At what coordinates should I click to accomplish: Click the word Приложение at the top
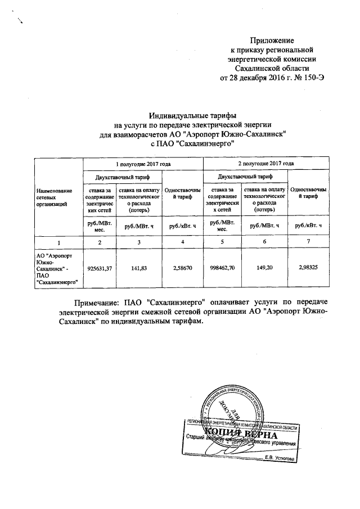(x=272, y=40)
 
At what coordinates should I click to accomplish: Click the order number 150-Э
(x=312, y=78)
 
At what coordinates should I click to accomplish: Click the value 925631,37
(x=100, y=268)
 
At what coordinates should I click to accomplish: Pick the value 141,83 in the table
(x=138, y=268)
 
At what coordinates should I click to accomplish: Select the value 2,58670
(x=182, y=268)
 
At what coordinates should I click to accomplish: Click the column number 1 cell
(x=58, y=241)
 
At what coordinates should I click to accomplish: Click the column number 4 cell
(x=182, y=241)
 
